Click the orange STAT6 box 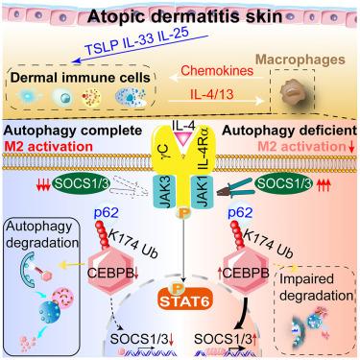click(185, 300)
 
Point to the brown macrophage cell click(293, 92)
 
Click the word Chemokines click(217, 70)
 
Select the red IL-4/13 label click(212, 94)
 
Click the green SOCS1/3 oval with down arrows click(81, 183)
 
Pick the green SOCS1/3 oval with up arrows click(283, 183)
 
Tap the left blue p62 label click(106, 212)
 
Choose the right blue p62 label click(240, 212)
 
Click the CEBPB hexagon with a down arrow click(111, 273)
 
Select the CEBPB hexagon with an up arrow click(245, 273)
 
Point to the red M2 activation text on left click(48, 147)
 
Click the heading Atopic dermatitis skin click(184, 16)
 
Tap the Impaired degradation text click(317, 287)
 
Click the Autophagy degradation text click(42, 234)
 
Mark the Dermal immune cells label click(81, 78)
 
